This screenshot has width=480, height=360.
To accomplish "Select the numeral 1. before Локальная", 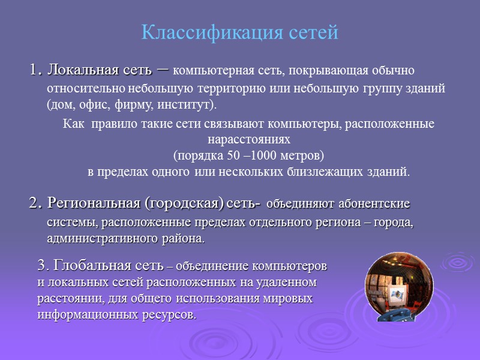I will coord(36,70).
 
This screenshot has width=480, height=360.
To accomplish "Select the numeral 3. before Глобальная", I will coord(43,265).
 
